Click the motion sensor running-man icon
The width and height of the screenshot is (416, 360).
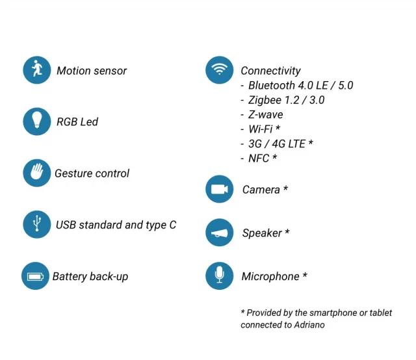pyautogui.click(x=36, y=70)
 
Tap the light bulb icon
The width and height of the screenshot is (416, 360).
pyautogui.click(x=36, y=122)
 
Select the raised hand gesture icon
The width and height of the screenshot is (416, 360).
pyautogui.click(x=36, y=173)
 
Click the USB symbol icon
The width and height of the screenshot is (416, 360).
pyautogui.click(x=36, y=224)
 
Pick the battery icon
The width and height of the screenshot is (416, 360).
pyautogui.click(x=35, y=276)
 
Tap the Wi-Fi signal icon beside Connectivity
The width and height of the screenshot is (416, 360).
pyautogui.click(x=220, y=70)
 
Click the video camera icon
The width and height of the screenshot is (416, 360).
pyautogui.click(x=220, y=189)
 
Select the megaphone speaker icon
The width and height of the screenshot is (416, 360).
pyautogui.click(x=220, y=233)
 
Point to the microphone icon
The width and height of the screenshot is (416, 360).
pyautogui.click(x=220, y=276)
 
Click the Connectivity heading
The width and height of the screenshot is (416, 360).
pyautogui.click(x=270, y=71)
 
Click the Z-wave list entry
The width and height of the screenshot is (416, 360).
pyautogui.click(x=265, y=114)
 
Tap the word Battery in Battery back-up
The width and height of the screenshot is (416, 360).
pyautogui.click(x=70, y=277)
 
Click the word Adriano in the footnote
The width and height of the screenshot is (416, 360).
pyautogui.click(x=308, y=324)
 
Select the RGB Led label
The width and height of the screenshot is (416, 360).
pyautogui.click(x=77, y=122)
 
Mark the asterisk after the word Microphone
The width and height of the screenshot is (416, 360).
pyautogui.click(x=304, y=275)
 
